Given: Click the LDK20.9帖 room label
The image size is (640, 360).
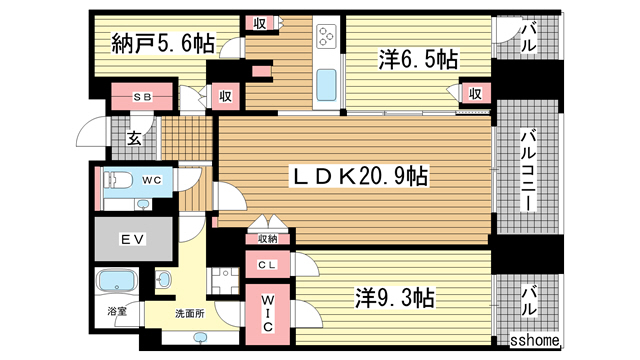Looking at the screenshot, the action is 360,177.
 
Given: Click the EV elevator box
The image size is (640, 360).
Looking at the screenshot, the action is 133,240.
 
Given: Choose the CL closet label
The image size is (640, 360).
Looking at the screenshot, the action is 267,265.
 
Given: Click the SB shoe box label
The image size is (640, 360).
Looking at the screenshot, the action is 141,96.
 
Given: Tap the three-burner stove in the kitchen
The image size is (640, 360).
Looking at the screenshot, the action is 327,39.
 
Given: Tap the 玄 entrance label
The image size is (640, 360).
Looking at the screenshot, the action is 133,138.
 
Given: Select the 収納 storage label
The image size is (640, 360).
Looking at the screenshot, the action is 267,238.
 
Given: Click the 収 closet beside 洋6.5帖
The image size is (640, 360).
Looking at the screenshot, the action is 475,95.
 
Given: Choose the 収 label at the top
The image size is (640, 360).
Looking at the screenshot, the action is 259,23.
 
